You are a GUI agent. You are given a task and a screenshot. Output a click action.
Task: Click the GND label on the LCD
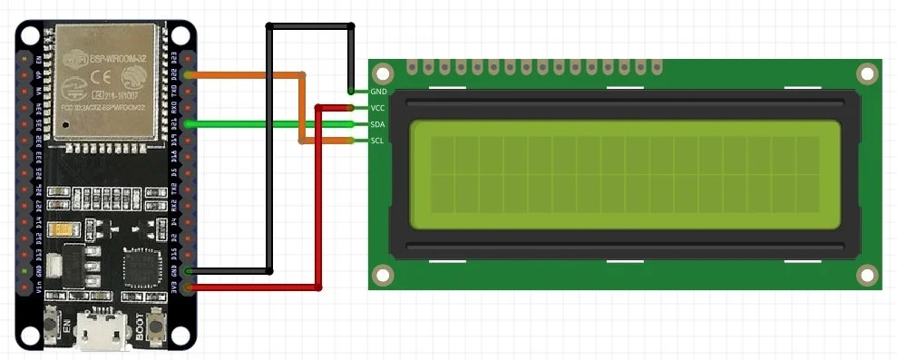(379, 92)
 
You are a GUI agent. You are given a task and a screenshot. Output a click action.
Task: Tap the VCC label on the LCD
(379, 108)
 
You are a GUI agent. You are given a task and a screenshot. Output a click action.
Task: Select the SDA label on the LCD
(379, 124)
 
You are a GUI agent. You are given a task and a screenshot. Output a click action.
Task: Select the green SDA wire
(272, 124)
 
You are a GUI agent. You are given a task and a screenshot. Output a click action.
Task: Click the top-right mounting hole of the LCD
(867, 73)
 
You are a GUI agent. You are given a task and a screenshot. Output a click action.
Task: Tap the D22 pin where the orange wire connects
(188, 74)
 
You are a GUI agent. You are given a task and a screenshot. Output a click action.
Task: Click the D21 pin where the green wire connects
(188, 124)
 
